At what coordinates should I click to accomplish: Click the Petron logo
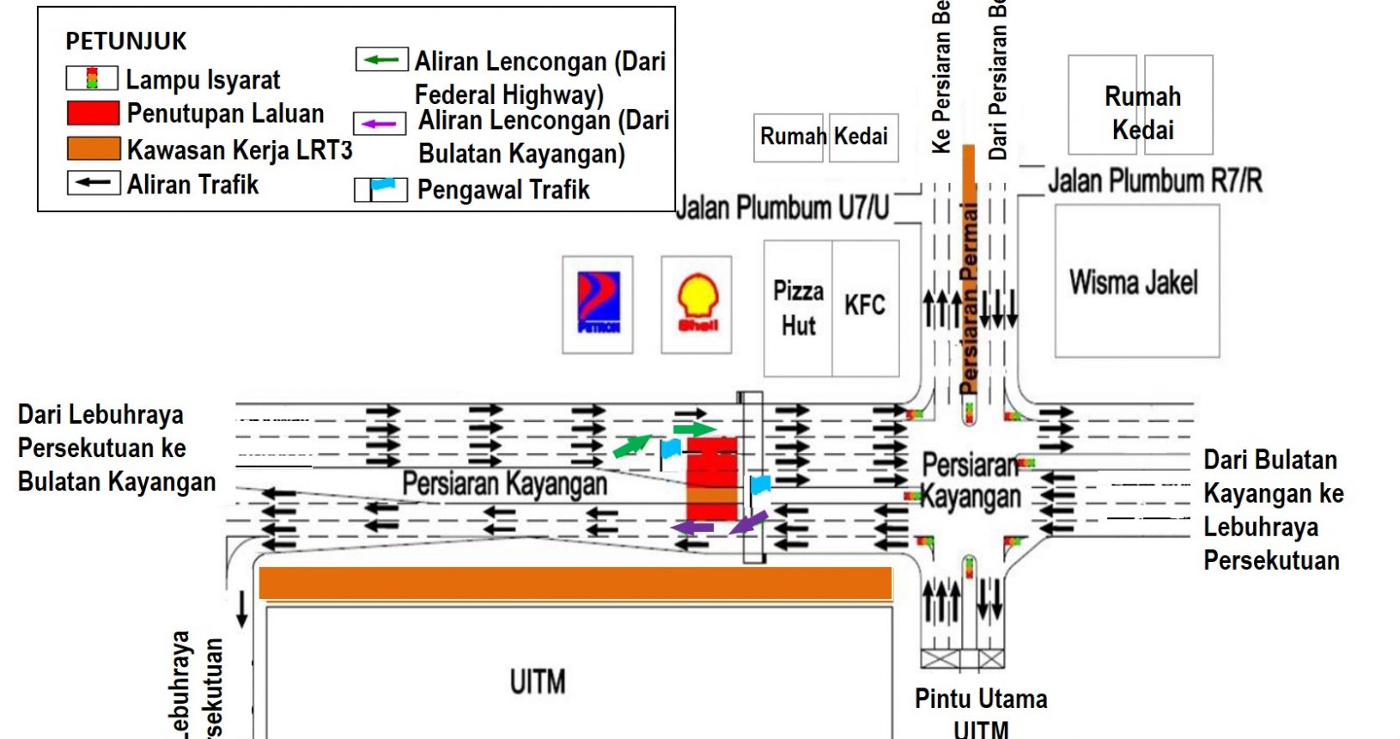(x=598, y=303)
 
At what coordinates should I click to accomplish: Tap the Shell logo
(x=697, y=303)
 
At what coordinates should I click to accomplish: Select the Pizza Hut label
(x=798, y=308)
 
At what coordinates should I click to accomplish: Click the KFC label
(x=864, y=305)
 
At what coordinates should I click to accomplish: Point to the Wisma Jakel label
(x=1133, y=282)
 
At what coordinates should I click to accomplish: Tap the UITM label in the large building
(x=538, y=682)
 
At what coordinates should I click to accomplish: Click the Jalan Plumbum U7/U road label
(x=782, y=207)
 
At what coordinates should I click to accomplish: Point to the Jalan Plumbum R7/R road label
(x=1155, y=180)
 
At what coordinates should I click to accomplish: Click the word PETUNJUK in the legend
(x=126, y=41)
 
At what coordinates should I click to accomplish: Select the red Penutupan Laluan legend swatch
(x=93, y=113)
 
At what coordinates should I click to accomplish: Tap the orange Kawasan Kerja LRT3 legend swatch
(x=94, y=149)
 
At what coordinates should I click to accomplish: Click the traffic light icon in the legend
(x=92, y=79)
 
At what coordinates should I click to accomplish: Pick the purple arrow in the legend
(x=380, y=124)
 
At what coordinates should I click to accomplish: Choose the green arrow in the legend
(x=381, y=60)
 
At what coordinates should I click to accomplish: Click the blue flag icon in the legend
(x=381, y=188)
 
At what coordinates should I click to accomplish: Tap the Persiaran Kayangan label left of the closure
(x=504, y=484)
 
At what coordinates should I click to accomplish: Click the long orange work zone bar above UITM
(x=575, y=583)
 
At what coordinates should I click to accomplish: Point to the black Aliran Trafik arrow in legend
(x=94, y=183)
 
